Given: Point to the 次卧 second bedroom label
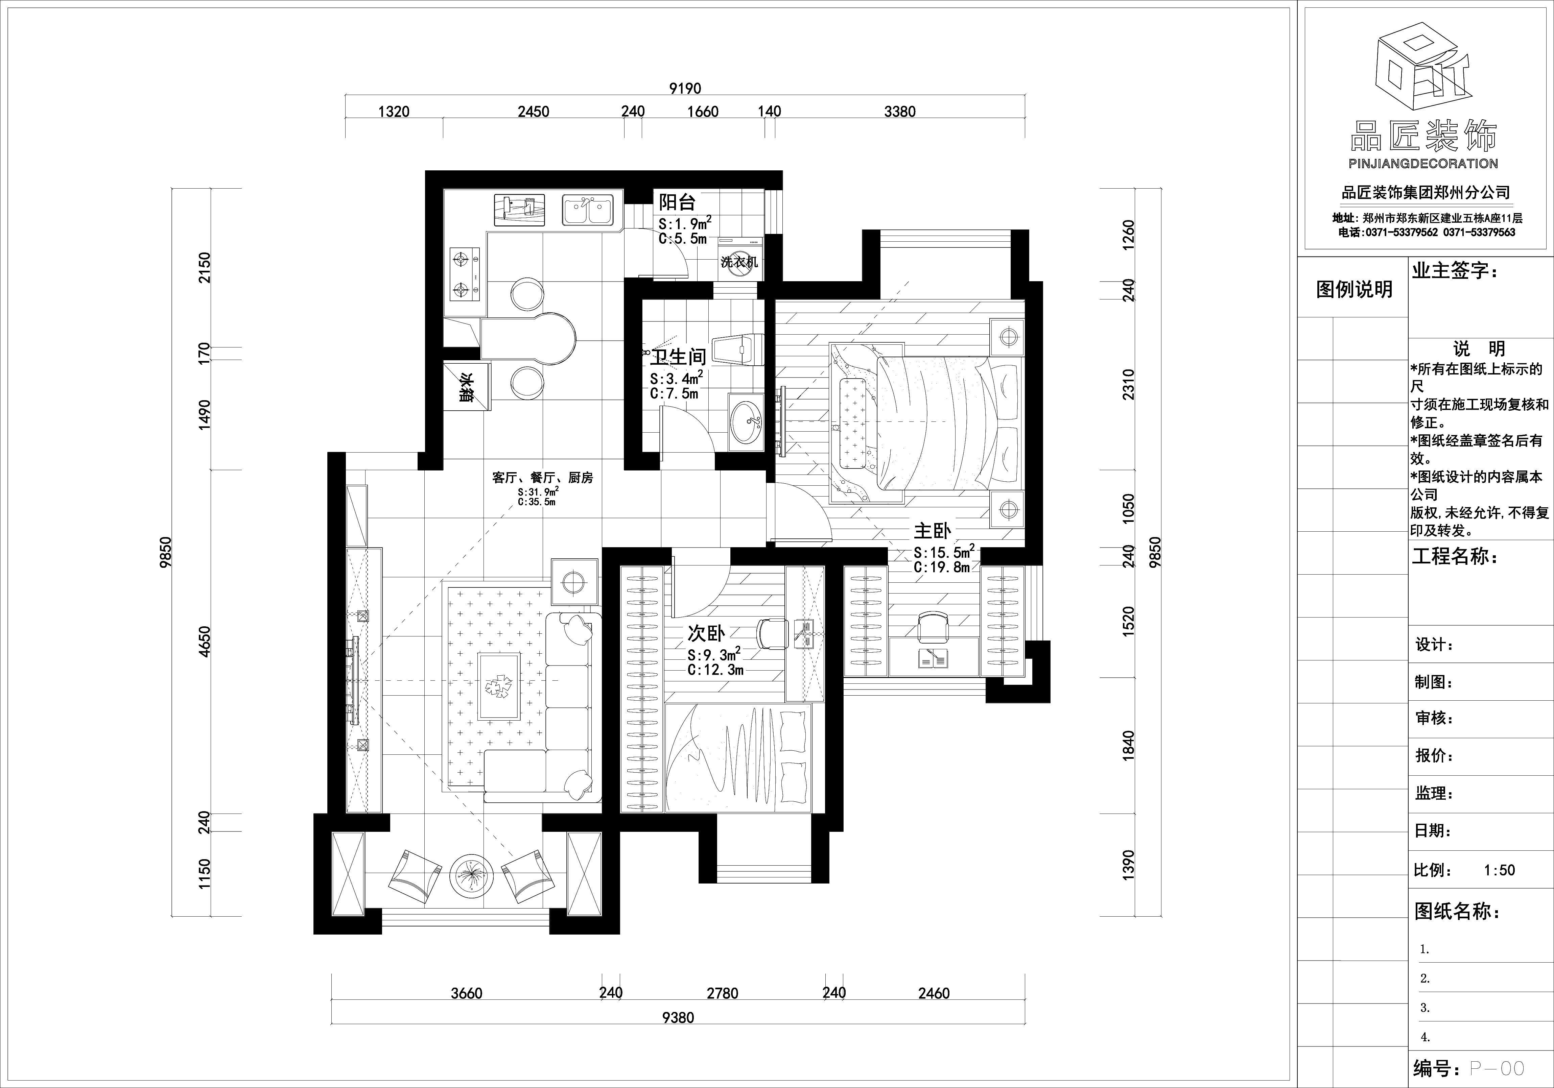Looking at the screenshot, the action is [706, 633].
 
